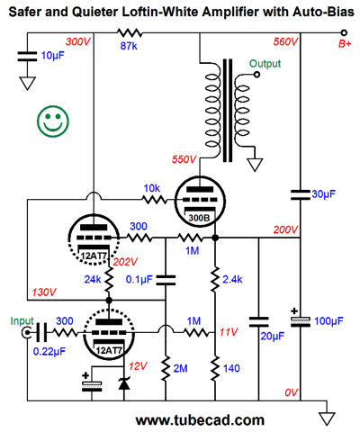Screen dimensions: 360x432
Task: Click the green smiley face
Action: click(53, 121)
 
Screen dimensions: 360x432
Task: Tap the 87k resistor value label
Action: click(129, 46)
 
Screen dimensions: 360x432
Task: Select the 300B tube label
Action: click(199, 218)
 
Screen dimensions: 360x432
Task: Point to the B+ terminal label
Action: click(345, 44)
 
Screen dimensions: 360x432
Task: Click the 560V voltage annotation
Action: click(285, 41)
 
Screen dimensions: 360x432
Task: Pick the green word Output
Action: click(265, 64)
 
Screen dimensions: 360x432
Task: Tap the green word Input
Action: click(22, 321)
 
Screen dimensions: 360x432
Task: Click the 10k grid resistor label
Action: click(152, 188)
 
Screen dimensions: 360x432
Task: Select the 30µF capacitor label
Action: click(323, 194)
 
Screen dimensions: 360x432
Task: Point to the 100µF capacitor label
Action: click(328, 321)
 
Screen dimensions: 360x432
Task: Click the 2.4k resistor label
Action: click(232, 279)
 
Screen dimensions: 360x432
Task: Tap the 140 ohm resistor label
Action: click(231, 368)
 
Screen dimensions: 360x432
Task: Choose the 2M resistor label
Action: click(180, 368)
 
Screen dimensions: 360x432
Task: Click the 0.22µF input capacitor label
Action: click(49, 351)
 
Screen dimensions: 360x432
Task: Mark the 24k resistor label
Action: click(93, 279)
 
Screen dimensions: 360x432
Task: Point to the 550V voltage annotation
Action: click(184, 159)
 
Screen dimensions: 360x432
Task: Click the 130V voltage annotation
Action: click(44, 292)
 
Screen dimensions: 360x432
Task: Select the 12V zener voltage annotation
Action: click(138, 366)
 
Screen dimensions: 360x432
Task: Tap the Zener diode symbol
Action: click(124, 383)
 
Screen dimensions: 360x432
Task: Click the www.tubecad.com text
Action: click(200, 420)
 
